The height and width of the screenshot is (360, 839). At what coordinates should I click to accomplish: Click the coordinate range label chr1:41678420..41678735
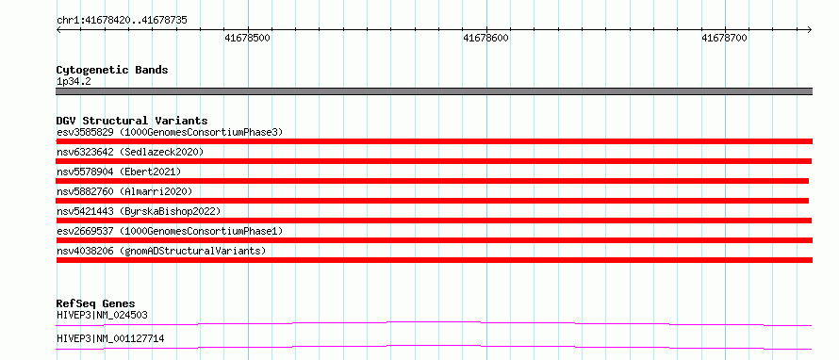[x=122, y=21]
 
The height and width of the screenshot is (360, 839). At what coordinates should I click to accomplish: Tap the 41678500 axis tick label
[x=248, y=38]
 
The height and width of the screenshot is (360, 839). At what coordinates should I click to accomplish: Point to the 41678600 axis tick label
[x=486, y=38]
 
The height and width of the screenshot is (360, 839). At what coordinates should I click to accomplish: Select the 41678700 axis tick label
[x=725, y=38]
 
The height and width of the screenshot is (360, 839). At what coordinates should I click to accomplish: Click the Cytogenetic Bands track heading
[x=112, y=70]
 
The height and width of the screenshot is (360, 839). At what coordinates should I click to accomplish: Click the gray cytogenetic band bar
[x=435, y=91]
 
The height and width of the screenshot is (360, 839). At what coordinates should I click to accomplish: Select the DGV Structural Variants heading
[x=132, y=121]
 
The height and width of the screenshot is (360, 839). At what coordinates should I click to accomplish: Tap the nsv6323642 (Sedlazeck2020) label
[x=130, y=152]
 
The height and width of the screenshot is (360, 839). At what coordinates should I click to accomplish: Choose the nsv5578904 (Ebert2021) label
[x=120, y=172]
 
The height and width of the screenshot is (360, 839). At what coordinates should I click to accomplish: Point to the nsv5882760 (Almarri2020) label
[x=124, y=191]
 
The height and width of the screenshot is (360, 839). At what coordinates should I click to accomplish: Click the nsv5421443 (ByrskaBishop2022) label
[x=139, y=211]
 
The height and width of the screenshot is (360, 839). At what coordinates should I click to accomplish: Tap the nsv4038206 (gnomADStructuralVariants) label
[x=161, y=251]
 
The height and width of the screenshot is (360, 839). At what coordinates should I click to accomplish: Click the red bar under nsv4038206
[x=435, y=260]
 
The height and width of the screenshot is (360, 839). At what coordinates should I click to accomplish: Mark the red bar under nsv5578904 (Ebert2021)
[x=433, y=181]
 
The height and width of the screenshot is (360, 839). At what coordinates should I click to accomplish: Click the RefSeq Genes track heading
[x=96, y=303]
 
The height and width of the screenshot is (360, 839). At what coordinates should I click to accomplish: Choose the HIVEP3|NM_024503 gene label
[x=102, y=315]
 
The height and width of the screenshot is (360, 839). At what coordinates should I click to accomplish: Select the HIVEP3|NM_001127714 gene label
[x=110, y=338]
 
